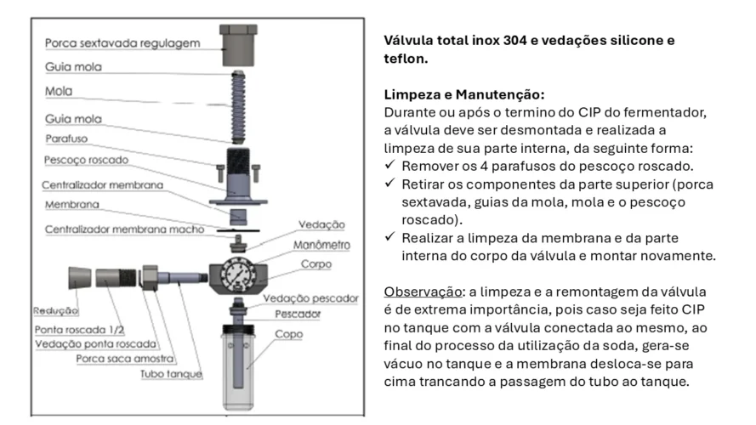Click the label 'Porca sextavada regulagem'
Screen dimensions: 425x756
(x=122, y=42)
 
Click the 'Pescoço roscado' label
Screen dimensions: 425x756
(x=87, y=161)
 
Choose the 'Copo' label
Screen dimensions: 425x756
(x=287, y=334)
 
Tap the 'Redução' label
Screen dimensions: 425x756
(x=56, y=311)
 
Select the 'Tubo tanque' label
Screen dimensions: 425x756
(x=171, y=374)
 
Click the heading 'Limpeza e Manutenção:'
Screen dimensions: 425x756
(x=463, y=94)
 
